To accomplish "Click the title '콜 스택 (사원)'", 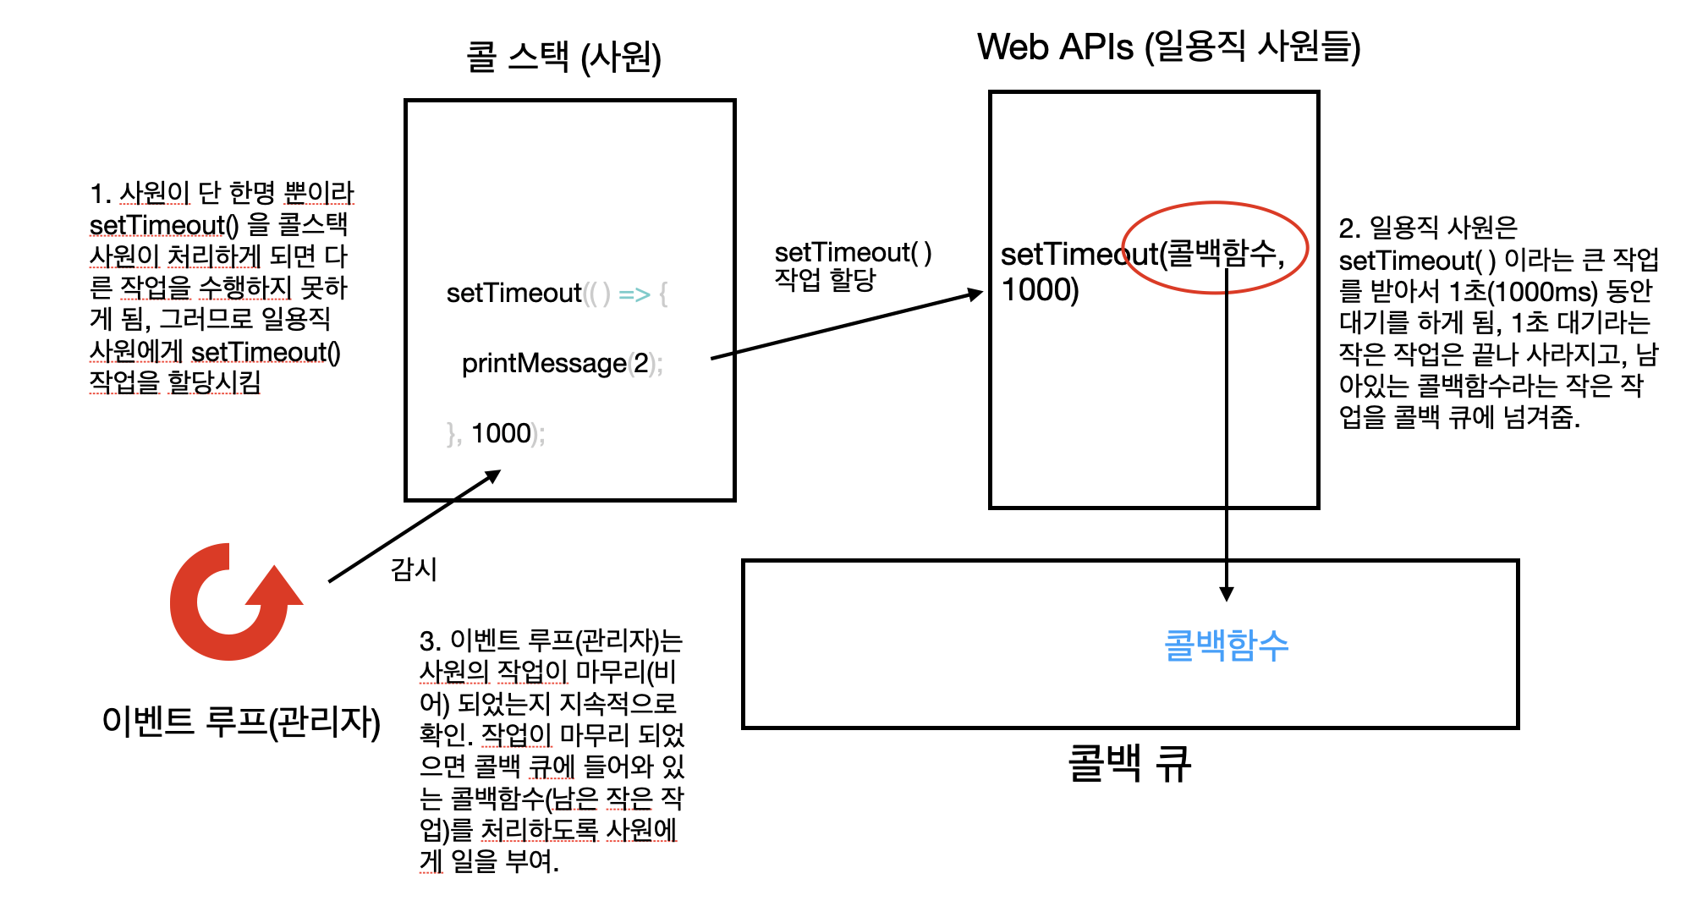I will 563,58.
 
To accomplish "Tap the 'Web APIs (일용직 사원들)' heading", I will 1168,47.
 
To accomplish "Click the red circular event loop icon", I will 232,602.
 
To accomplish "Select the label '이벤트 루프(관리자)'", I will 241,722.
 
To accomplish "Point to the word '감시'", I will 414,569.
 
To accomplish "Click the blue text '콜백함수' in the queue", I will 1226,645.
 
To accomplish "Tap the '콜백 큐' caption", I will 1129,763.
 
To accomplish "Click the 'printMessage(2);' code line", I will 562,364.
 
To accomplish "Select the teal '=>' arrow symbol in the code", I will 634,294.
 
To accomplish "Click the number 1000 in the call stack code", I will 501,433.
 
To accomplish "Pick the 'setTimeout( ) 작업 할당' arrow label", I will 853,266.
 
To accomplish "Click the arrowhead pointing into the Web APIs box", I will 975,294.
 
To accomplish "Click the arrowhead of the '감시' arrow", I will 492,476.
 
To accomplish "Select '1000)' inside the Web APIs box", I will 1040,290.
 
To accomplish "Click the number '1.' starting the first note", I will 100,194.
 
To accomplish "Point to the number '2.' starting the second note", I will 1349,228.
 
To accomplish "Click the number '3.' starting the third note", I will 430,640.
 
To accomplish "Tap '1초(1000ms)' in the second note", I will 1523,292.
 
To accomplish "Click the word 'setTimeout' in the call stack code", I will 513,294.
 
